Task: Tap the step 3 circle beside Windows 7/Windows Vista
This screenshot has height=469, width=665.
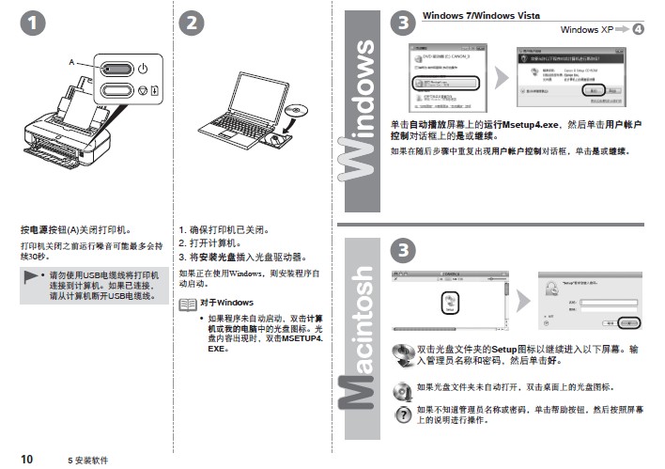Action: [x=402, y=23]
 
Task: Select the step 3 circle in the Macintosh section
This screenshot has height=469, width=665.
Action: [x=401, y=249]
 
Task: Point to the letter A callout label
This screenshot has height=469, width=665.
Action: [x=70, y=62]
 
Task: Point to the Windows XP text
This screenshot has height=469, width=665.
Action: [x=585, y=30]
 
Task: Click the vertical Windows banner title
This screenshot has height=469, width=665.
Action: [x=362, y=122]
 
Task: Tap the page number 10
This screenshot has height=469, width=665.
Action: [x=26, y=459]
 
